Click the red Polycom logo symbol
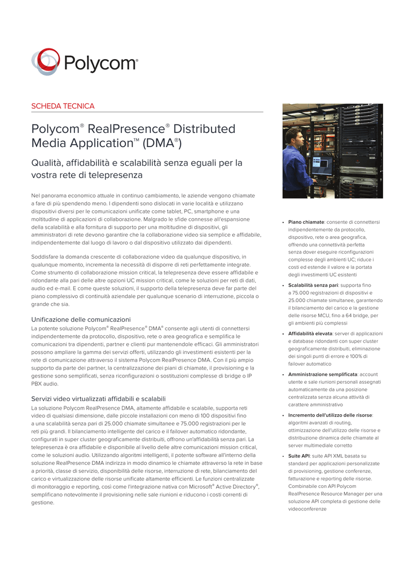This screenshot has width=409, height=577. point(45,62)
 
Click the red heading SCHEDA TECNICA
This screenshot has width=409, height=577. point(63,106)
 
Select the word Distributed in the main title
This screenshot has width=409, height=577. point(204,129)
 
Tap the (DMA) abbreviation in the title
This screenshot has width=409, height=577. point(162,144)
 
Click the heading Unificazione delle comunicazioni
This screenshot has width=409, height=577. point(81,319)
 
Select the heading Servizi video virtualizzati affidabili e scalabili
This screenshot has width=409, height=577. point(98,399)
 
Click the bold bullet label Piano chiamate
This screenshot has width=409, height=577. point(306,223)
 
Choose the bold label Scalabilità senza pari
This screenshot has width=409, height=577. point(313,286)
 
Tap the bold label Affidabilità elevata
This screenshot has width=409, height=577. point(310,334)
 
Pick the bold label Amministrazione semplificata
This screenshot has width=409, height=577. point(322,374)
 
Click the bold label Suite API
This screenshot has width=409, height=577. point(298,456)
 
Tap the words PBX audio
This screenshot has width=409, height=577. point(45,384)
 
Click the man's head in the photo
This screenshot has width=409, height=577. point(293,136)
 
